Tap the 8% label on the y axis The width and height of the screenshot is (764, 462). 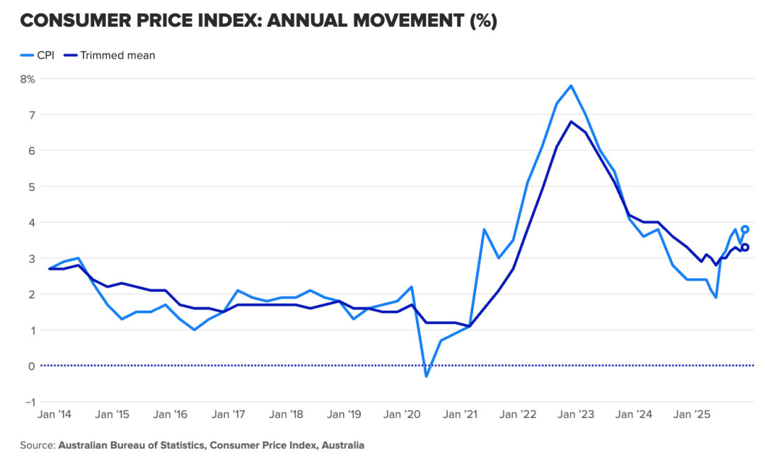point(27,79)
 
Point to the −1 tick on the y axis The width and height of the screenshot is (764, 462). point(29,402)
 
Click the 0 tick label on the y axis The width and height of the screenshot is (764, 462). point(32,366)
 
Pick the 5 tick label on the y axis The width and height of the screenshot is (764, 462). point(32,186)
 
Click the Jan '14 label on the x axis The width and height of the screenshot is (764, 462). point(53,415)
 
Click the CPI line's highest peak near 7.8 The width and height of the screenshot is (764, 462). point(571,86)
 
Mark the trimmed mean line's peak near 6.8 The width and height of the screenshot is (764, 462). point(571,122)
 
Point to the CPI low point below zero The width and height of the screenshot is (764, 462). point(426,376)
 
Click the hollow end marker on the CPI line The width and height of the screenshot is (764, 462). point(745,229)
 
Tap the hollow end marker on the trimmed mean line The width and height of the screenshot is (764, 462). point(745,247)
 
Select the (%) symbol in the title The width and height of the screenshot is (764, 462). point(483,21)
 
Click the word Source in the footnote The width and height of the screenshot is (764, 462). point(37,446)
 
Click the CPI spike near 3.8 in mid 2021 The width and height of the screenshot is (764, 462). point(484,229)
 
